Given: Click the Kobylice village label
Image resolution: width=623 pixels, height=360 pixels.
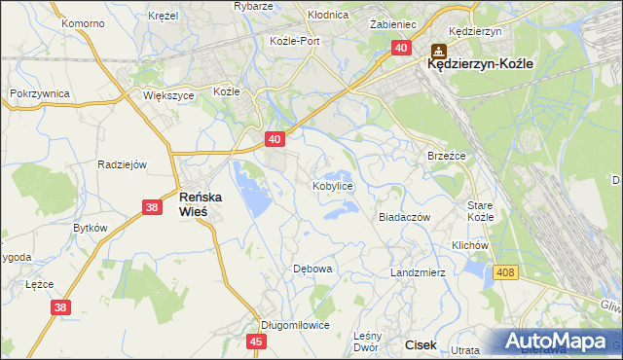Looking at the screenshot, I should (x=332, y=185).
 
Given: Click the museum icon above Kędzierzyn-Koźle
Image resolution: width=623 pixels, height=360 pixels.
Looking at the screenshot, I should (x=438, y=49).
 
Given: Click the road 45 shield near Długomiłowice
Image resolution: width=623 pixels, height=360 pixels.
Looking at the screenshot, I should (x=256, y=341).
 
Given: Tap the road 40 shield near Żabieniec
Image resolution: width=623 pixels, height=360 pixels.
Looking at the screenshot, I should (x=401, y=47).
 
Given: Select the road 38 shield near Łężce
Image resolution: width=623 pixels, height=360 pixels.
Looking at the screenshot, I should (x=60, y=307).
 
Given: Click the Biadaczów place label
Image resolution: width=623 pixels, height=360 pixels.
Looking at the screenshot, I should (x=404, y=218).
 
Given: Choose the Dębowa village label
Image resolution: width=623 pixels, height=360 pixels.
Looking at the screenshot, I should (x=313, y=268).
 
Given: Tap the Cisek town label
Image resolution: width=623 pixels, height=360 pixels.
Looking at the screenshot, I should (x=421, y=344).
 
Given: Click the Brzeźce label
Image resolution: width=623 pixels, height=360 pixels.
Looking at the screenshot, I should (x=448, y=156).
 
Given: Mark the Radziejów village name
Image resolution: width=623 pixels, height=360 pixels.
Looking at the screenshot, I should (x=122, y=164).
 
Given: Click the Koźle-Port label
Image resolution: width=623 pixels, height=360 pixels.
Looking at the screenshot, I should (x=295, y=41).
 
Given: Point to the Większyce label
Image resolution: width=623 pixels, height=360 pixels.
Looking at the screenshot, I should (x=169, y=96).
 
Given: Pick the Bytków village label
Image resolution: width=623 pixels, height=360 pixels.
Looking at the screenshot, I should (x=91, y=227).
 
